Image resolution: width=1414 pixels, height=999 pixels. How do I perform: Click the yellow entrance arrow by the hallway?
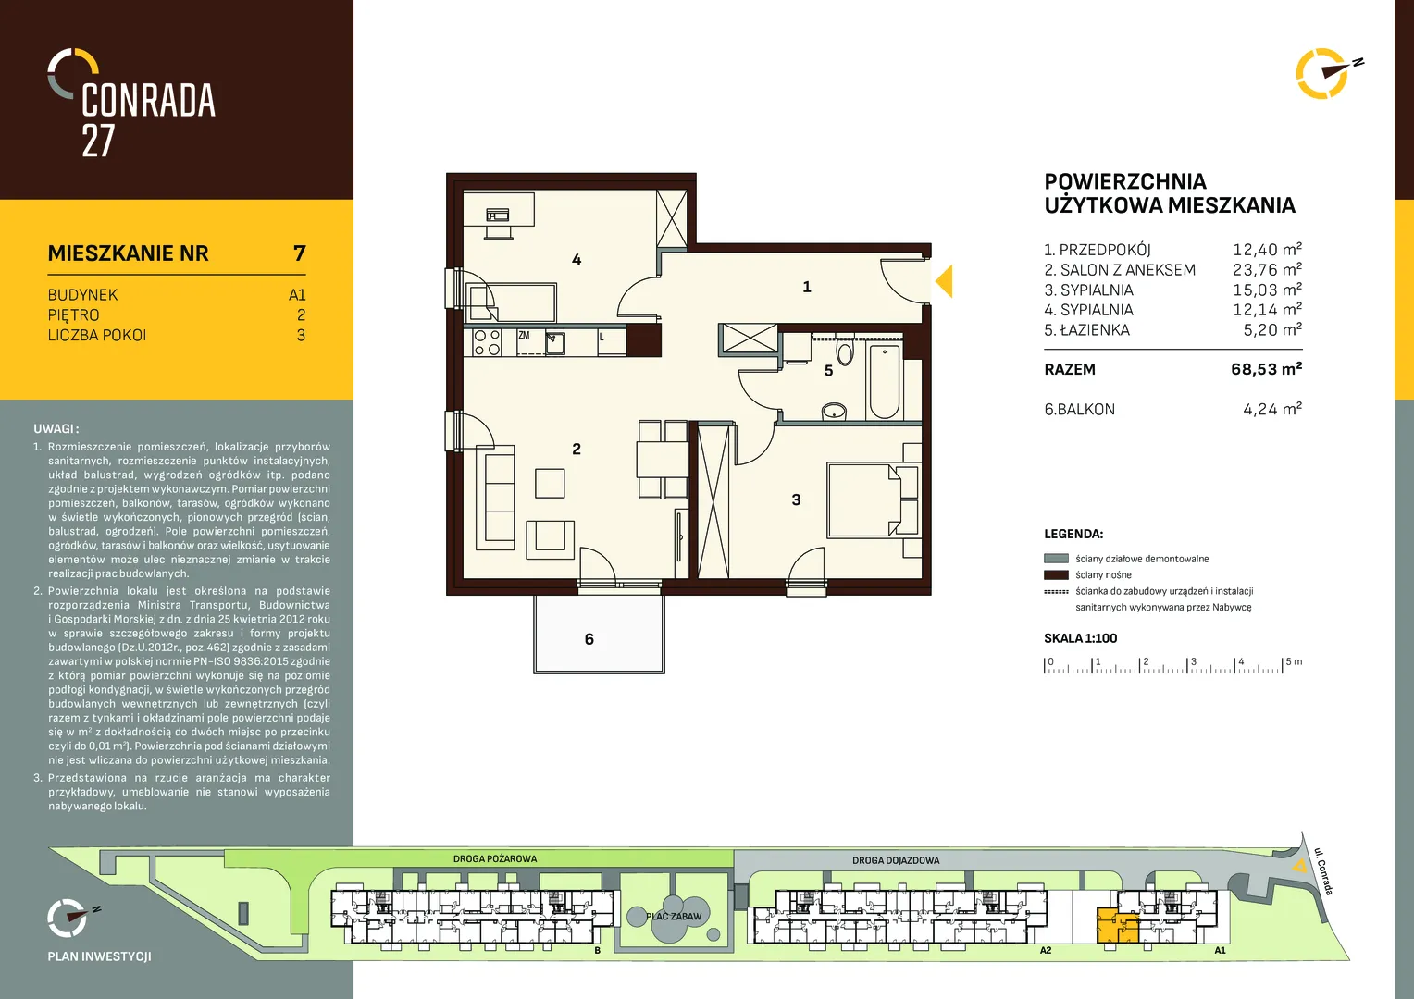pos(945,281)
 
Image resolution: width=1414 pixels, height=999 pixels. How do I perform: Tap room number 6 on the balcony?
pos(589,639)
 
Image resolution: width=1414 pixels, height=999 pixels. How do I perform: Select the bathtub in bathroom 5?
pos(884,381)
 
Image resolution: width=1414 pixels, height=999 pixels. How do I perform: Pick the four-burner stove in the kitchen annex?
pos(488,342)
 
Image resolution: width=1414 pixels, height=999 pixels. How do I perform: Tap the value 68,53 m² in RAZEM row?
pos(1266,369)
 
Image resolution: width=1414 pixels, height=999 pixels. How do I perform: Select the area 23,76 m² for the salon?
pos(1268,269)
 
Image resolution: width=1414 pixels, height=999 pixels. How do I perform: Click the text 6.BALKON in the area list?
pos(1079,410)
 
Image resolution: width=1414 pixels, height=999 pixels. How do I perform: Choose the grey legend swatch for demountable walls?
pos(1056,559)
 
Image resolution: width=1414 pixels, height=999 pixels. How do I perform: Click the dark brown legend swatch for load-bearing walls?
pos(1056,575)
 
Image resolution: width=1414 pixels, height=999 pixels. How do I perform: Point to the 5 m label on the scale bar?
pos(1294,661)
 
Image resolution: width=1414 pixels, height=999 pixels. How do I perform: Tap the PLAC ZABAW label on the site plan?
pos(674,917)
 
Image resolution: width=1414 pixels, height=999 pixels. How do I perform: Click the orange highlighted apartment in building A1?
pos(1116,927)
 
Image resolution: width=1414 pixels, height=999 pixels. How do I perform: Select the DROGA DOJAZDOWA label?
pos(896,860)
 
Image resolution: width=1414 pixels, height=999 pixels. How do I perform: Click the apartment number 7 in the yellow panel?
pos(300,253)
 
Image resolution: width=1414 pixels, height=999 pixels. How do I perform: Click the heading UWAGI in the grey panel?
pos(56,429)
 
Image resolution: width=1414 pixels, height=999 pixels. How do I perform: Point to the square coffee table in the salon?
pos(550,484)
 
